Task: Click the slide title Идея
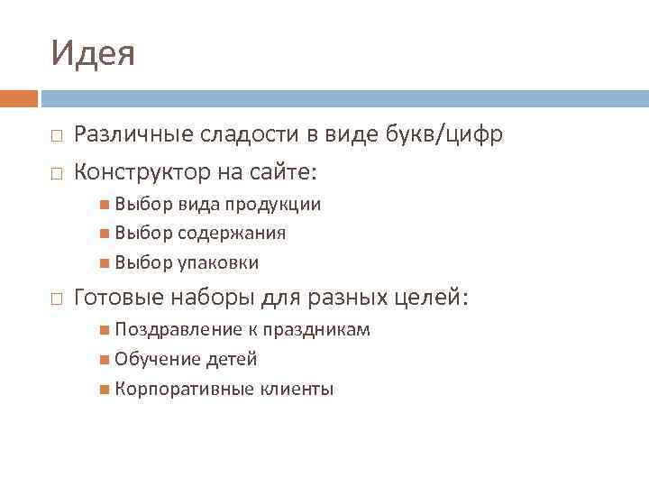coord(93,53)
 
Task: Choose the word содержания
coord(232,234)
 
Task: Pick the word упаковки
coord(217,263)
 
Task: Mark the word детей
coord(232,360)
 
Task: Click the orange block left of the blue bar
coord(19,98)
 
